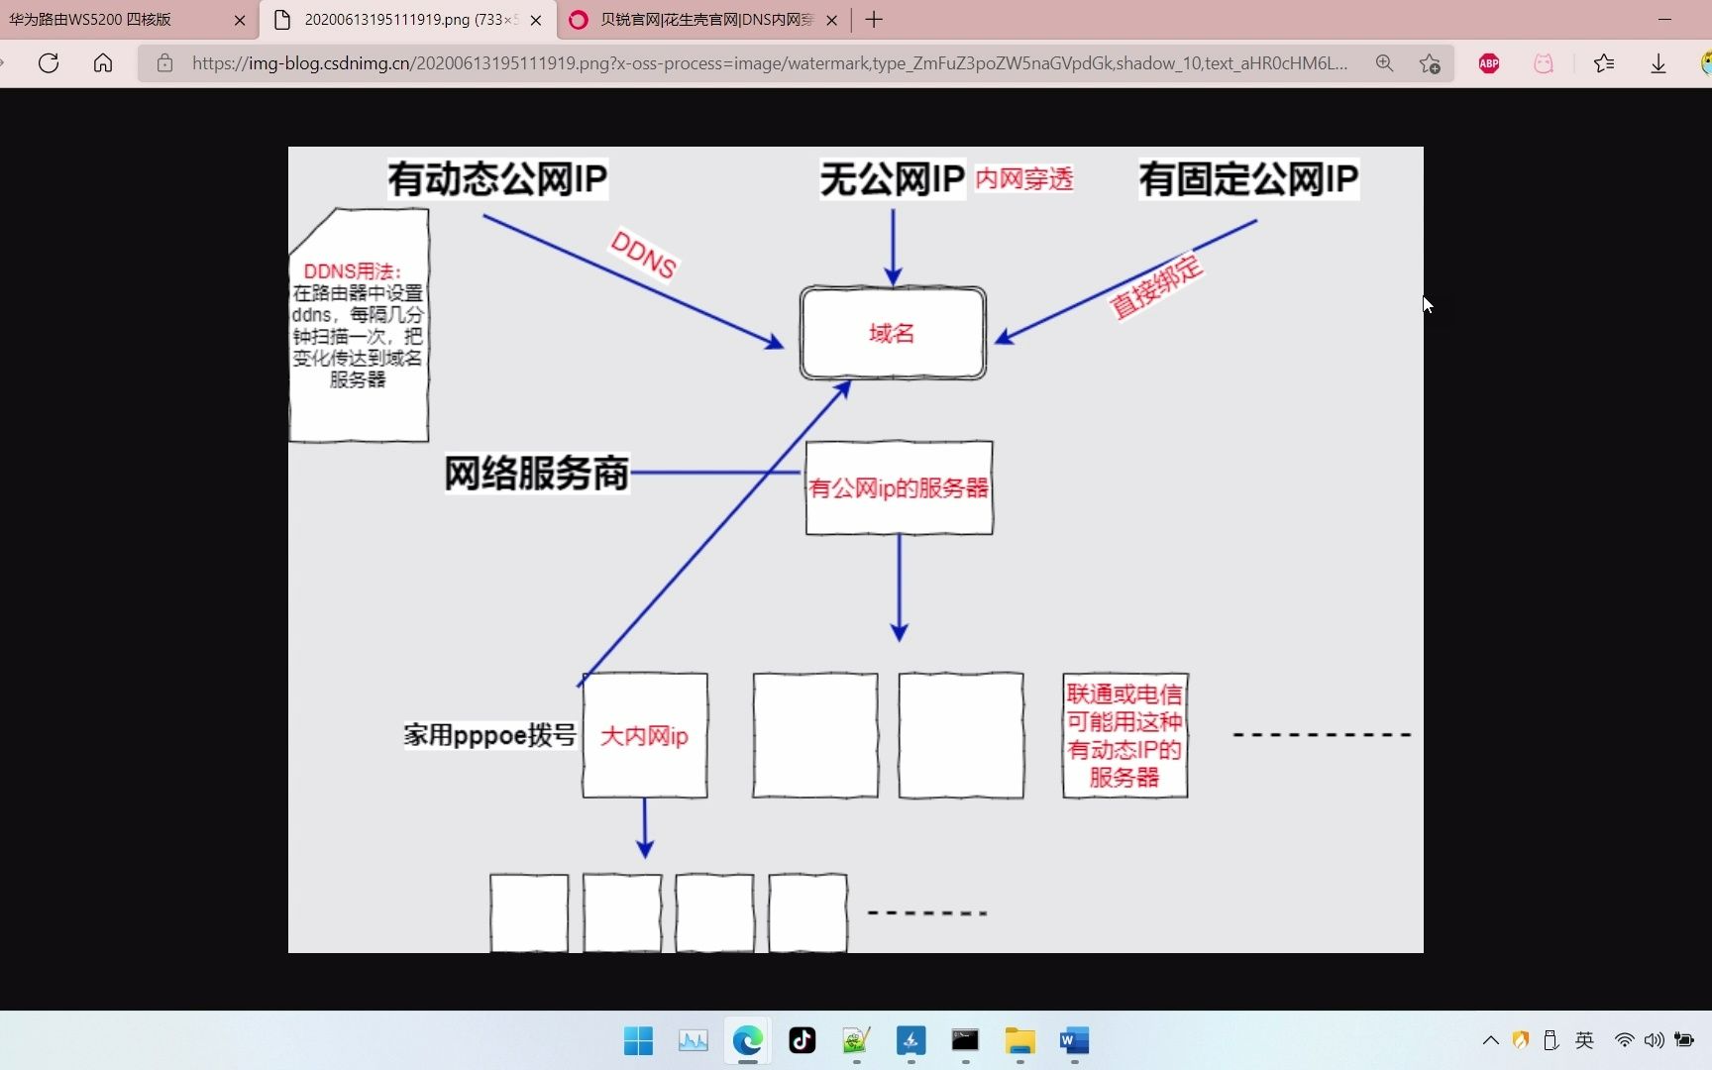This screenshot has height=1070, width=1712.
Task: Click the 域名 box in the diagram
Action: click(893, 333)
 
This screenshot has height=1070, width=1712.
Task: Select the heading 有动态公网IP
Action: click(497, 179)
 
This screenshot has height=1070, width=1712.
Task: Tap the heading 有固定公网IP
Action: click(1248, 179)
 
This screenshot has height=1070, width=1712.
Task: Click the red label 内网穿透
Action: click(1024, 178)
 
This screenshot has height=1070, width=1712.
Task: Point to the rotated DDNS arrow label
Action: click(644, 255)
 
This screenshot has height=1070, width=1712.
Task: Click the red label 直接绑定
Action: click(1155, 287)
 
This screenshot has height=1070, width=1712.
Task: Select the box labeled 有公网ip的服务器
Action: click(900, 487)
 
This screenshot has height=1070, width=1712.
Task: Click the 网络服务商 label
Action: click(536, 474)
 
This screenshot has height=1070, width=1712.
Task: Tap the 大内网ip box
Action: click(645, 735)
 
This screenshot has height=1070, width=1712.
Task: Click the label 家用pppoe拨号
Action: click(489, 735)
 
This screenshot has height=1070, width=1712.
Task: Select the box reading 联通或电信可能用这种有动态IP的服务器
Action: click(1124, 735)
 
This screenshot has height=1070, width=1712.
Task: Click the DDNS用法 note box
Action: click(359, 325)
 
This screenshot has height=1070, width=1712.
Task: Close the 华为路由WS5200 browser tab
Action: click(239, 20)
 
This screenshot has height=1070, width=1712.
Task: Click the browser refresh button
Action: click(49, 63)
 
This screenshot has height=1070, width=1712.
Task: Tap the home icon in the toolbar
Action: click(103, 63)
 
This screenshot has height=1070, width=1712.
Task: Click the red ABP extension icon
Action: click(1489, 63)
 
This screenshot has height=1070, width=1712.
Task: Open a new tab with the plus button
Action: click(874, 20)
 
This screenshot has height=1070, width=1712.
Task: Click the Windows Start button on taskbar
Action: click(639, 1040)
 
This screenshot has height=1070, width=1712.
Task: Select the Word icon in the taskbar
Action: click(1074, 1040)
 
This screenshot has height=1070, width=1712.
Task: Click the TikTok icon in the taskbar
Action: click(802, 1040)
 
